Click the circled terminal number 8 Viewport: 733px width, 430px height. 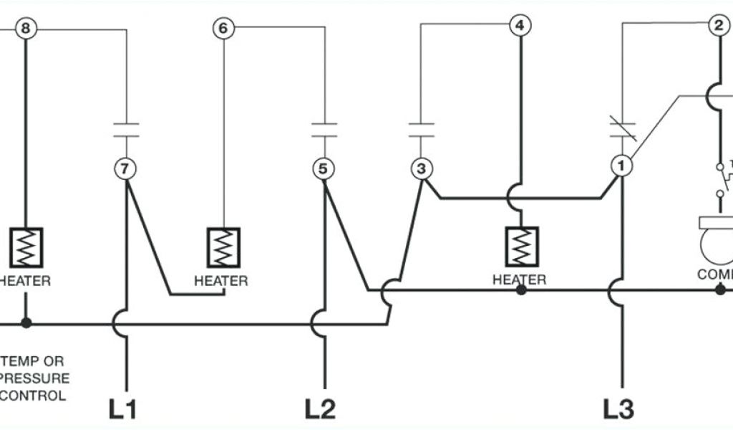[26, 29]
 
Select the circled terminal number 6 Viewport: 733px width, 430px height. [223, 29]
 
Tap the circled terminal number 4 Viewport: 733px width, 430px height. [520, 26]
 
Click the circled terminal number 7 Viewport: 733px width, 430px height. [125, 169]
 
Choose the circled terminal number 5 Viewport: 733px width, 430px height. [324, 169]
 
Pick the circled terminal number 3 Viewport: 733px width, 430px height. [421, 169]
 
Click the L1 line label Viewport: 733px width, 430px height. [123, 408]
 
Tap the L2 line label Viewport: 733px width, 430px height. [320, 408]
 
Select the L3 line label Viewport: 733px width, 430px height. [618, 408]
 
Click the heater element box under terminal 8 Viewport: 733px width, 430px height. [26, 247]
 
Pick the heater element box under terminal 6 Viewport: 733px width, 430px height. [223, 247]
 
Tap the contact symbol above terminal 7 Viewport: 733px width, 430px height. [126, 129]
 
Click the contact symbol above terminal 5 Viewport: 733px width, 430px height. [324, 129]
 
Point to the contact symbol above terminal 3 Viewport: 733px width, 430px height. [421, 129]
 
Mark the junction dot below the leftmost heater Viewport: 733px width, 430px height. [26, 323]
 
